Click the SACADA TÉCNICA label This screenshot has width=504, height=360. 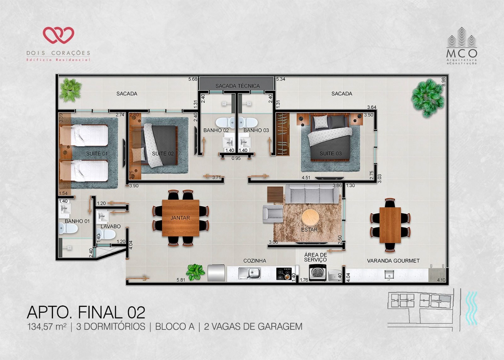pos(238,86)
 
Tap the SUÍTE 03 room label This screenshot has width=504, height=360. pos(330,154)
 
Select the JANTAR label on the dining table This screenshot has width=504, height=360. pos(180,218)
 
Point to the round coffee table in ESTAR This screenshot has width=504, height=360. pos(310,218)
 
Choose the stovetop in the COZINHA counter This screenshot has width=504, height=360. pos(284,274)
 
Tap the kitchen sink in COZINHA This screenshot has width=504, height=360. pos(250,273)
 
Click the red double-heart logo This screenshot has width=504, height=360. pos(59,35)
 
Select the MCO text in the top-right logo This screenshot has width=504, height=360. pos(462,53)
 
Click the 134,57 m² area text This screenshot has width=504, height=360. pos(47,327)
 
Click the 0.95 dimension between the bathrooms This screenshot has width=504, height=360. pos(236,158)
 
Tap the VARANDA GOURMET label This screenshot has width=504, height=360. pos(393,261)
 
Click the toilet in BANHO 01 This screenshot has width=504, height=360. pos(68,229)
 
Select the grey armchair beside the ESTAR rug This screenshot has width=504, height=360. pos(273,214)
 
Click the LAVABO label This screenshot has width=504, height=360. pos(111,226)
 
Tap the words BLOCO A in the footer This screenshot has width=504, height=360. pos(175,327)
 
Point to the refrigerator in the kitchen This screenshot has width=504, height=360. pos(216,273)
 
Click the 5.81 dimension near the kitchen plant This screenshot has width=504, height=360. pos(181,280)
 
